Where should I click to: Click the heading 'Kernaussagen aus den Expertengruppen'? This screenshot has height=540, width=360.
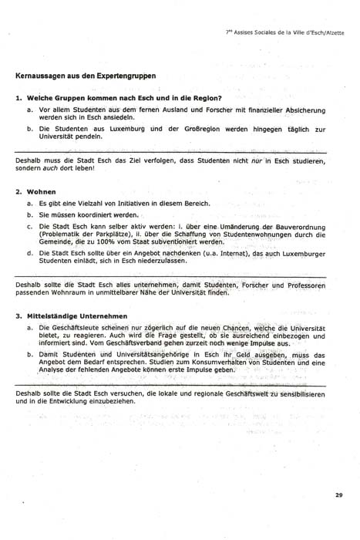[86, 76]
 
